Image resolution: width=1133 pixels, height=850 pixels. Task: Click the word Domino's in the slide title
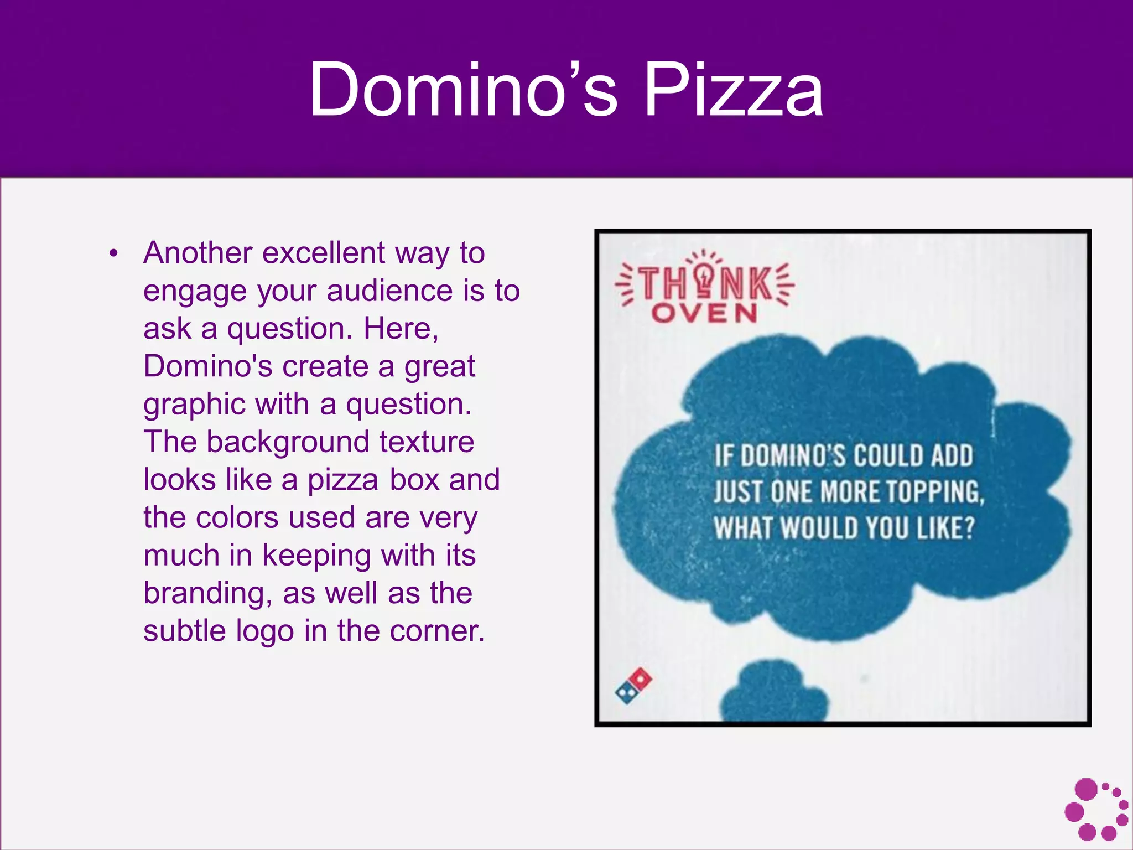click(x=462, y=90)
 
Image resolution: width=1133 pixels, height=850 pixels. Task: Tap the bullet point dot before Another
click(x=114, y=254)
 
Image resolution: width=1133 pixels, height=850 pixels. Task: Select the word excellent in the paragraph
click(x=323, y=253)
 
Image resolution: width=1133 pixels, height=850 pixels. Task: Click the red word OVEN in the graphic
click(x=704, y=314)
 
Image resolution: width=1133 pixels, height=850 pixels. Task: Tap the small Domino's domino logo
click(x=633, y=686)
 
